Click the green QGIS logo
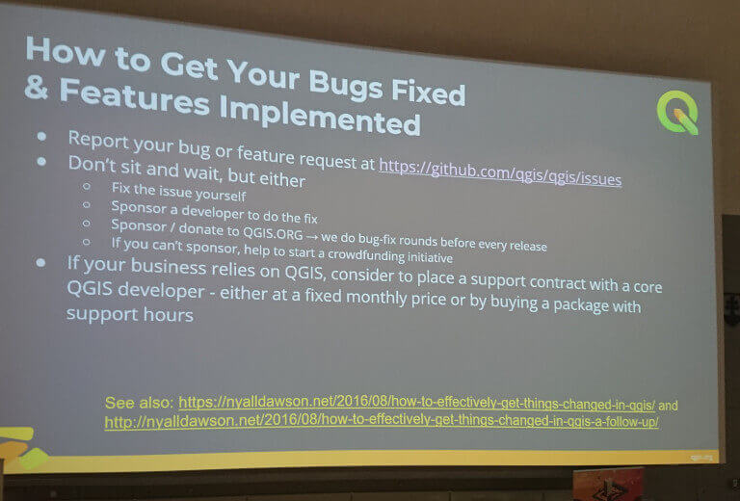tap(677, 112)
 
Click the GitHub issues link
tap(499, 171)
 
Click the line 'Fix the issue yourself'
tap(178, 190)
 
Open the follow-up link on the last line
tap(382, 422)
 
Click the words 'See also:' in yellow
tap(139, 401)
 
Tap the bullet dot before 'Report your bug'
tap(41, 139)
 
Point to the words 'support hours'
tap(129, 316)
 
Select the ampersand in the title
tap(37, 89)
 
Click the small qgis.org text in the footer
tap(700, 456)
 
